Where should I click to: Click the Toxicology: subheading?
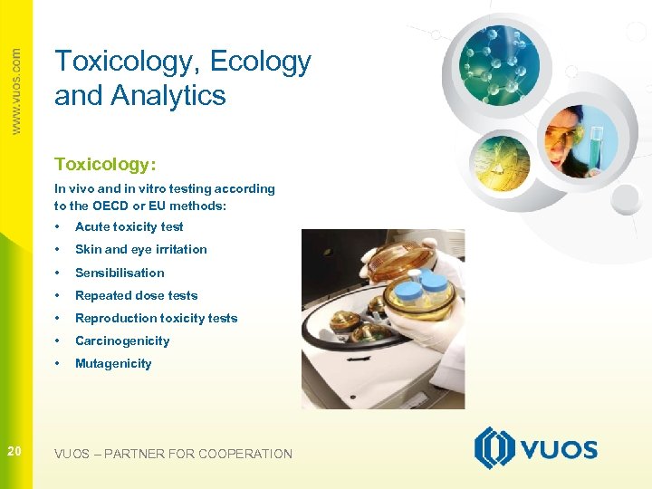coord(105,164)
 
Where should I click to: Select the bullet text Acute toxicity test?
coord(129,226)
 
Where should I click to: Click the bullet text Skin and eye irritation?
coord(140,249)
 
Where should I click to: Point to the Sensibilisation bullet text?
coord(120,273)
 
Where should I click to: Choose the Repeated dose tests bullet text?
coord(136,295)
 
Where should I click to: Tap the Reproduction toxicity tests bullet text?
coord(156,318)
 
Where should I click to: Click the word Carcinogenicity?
coord(122,340)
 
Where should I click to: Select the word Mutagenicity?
coord(113,363)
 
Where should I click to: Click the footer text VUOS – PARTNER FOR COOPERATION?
coord(173,454)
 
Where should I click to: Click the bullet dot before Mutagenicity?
coord(57,363)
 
